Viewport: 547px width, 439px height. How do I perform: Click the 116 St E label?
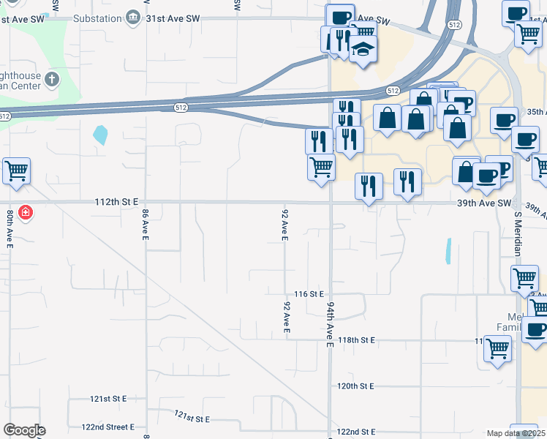pos(308,293)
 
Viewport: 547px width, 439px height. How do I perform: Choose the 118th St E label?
pos(356,340)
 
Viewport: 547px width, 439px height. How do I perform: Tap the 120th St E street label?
pos(355,386)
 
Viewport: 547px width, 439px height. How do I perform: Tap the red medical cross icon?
pos(26,212)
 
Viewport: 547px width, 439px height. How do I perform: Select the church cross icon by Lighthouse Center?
pos(51,78)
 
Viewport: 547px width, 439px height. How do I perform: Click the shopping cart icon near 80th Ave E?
pos(16,171)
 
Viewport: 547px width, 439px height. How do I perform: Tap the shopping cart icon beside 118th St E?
pos(497,349)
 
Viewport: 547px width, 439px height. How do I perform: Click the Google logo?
pos(24,430)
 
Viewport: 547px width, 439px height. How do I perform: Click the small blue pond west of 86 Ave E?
pos(100,135)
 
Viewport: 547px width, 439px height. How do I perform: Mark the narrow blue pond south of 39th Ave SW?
pos(448,251)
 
